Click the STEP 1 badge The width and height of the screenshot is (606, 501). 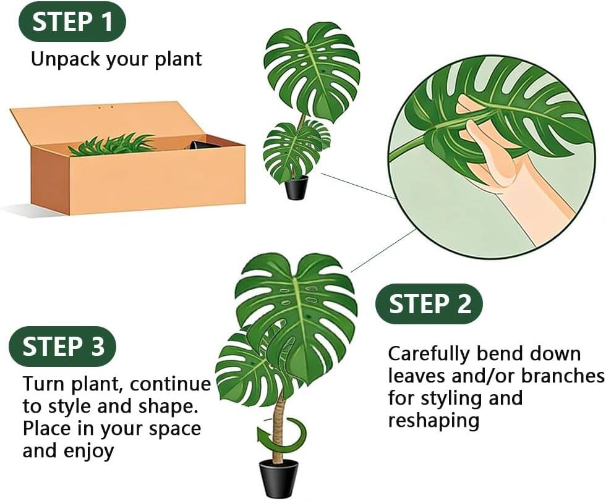coord(72,22)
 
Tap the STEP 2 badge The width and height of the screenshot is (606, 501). coord(429,303)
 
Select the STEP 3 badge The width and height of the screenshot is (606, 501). coord(63,347)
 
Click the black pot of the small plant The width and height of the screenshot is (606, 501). coord(296,188)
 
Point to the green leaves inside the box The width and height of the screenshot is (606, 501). coord(111,145)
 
